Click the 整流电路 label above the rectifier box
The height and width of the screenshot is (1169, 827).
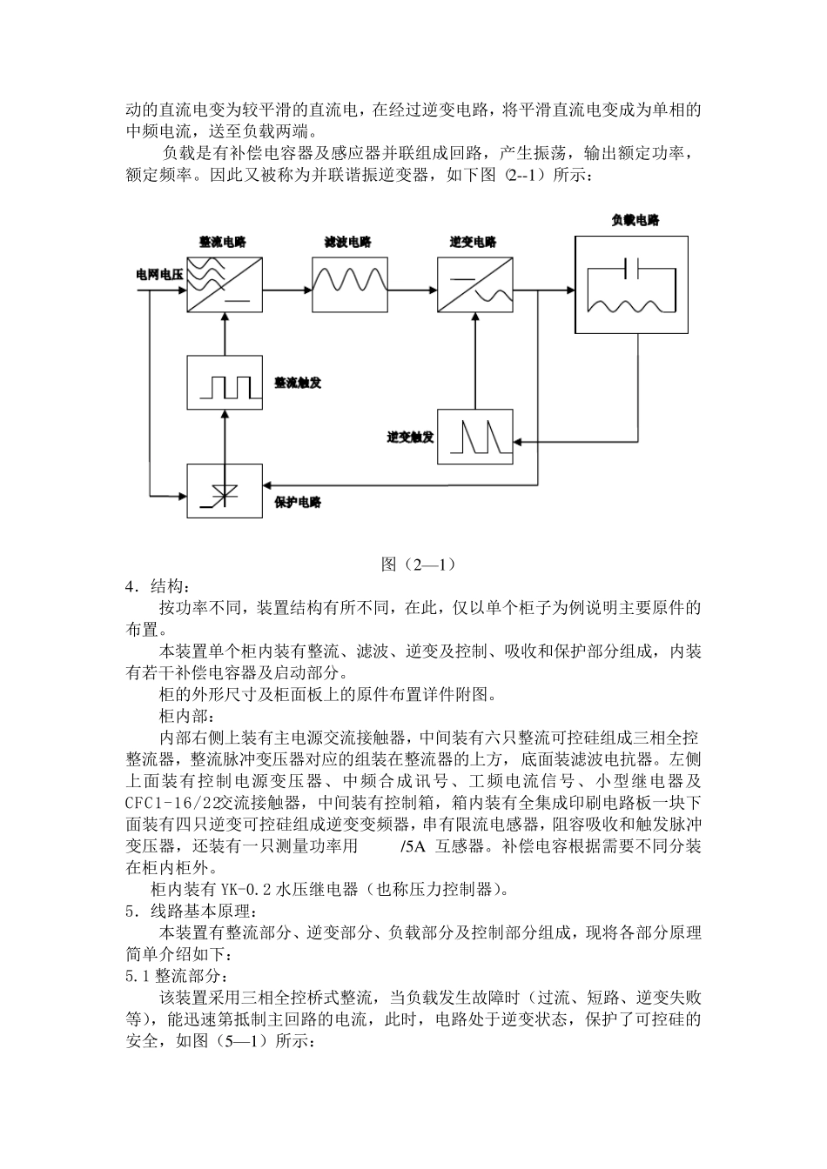224,242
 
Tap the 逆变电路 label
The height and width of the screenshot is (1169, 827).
473,242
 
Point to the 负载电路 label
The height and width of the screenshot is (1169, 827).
635,221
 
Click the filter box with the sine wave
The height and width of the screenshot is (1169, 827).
348,284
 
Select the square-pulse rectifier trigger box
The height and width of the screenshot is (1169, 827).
225,383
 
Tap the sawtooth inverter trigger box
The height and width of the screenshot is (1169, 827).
475,436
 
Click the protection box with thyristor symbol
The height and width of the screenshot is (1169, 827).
225,491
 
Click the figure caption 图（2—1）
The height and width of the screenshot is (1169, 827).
419,564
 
